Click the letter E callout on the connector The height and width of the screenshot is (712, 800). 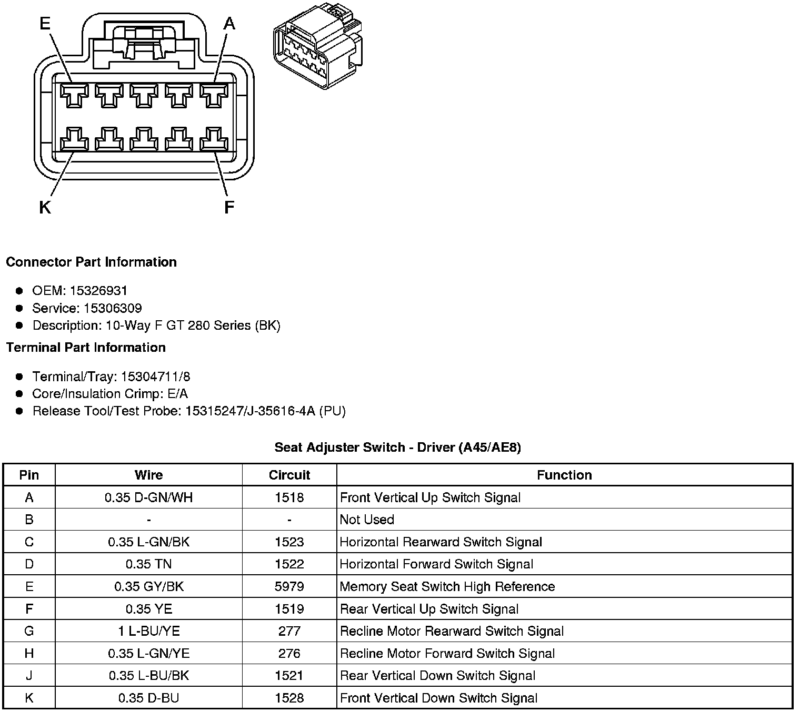(45, 23)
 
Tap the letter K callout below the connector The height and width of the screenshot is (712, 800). (45, 208)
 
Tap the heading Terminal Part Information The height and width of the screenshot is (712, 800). (86, 348)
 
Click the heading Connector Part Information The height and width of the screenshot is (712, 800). (91, 262)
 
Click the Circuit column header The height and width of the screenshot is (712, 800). (289, 475)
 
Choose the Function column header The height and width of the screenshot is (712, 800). (564, 475)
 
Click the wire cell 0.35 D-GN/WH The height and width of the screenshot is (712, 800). (148, 497)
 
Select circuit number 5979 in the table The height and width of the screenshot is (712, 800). (289, 586)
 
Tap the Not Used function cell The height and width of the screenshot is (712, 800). (367, 520)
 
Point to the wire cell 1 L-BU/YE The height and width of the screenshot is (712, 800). (148, 631)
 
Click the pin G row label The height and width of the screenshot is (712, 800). (29, 631)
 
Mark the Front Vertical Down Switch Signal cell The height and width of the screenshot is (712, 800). (438, 698)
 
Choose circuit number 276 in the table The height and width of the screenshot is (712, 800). (289, 653)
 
